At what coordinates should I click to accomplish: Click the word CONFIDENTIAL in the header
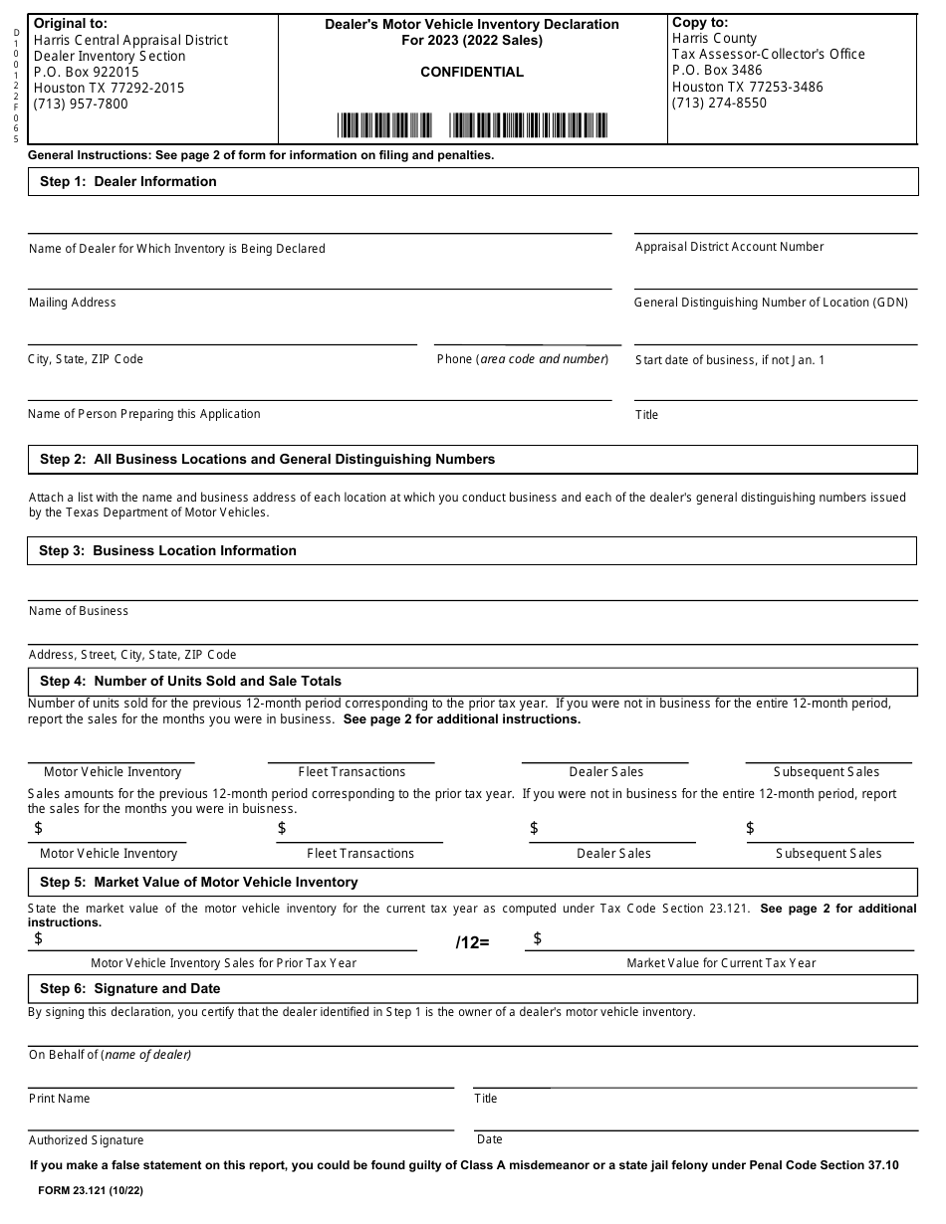click(472, 72)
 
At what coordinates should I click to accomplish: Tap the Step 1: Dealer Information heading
click(127, 181)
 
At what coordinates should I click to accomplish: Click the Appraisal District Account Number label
click(729, 247)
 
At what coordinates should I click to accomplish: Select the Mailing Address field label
click(73, 303)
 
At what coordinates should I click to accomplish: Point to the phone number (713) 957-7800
click(81, 103)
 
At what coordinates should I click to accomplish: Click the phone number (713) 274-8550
click(719, 102)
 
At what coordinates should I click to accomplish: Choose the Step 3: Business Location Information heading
click(167, 550)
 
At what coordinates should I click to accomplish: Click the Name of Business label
click(79, 611)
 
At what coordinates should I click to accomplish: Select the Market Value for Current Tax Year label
click(721, 963)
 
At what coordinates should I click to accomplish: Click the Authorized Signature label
click(87, 1140)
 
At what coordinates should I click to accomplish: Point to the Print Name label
click(60, 1099)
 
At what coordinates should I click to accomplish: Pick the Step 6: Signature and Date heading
click(129, 988)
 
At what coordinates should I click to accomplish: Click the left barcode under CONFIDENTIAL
click(384, 125)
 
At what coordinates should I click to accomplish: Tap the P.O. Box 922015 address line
click(87, 72)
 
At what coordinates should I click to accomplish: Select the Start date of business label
click(730, 360)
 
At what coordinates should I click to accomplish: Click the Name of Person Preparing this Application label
click(144, 414)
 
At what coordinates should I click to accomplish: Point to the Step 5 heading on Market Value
click(198, 882)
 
